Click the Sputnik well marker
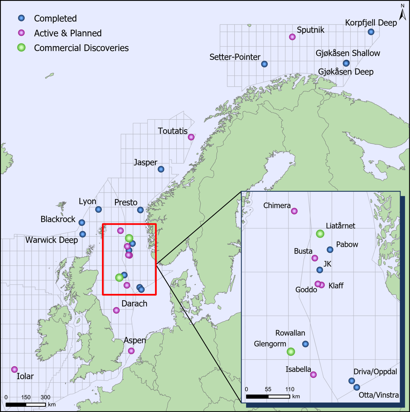292,37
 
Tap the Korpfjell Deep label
371,23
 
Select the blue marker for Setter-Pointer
264,64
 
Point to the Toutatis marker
191,137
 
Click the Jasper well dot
161,169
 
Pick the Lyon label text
88,201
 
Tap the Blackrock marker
82,223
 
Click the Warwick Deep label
52,240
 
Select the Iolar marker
14,369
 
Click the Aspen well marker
131,351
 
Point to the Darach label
134,304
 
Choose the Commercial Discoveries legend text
81,48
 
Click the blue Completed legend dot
22,18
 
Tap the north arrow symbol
402,13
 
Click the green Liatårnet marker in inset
320,234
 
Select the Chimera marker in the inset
295,211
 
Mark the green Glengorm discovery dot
291,351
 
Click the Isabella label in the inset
298,369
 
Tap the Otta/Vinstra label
379,395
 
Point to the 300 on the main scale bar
46,397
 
